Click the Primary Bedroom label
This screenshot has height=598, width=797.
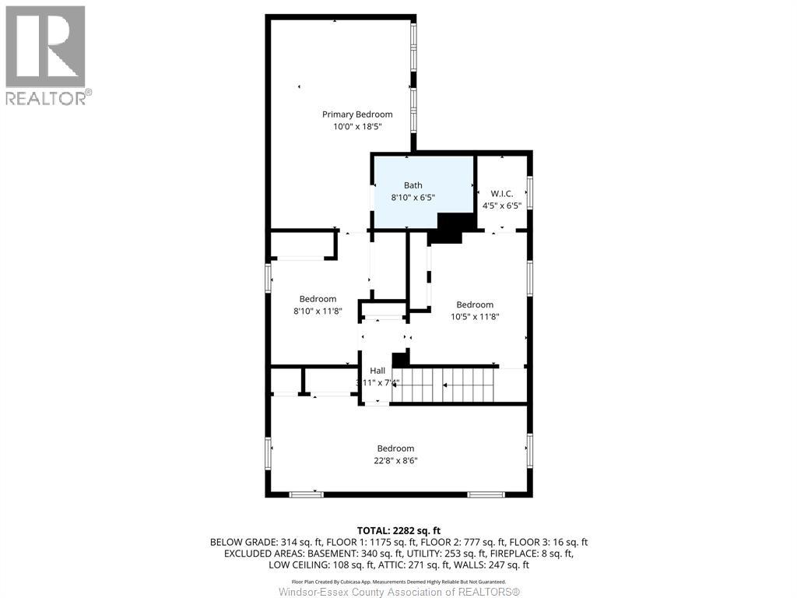(x=357, y=114)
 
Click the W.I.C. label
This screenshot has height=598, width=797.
(x=502, y=192)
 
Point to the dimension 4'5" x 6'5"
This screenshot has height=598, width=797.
(x=502, y=206)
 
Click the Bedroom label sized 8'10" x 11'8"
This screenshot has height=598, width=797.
(x=318, y=299)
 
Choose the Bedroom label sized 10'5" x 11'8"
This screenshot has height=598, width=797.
(x=474, y=304)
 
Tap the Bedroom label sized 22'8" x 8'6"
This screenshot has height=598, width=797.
(x=395, y=448)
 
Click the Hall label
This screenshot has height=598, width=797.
(x=377, y=371)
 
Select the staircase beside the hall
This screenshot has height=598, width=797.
(x=444, y=385)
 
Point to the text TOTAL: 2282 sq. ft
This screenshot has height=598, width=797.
(x=398, y=529)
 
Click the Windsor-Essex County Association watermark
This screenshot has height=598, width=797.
(x=398, y=593)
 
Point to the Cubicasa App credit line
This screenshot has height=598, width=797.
(x=398, y=582)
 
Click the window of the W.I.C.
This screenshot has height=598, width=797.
(x=529, y=193)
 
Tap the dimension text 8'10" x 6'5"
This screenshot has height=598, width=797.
(x=413, y=198)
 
